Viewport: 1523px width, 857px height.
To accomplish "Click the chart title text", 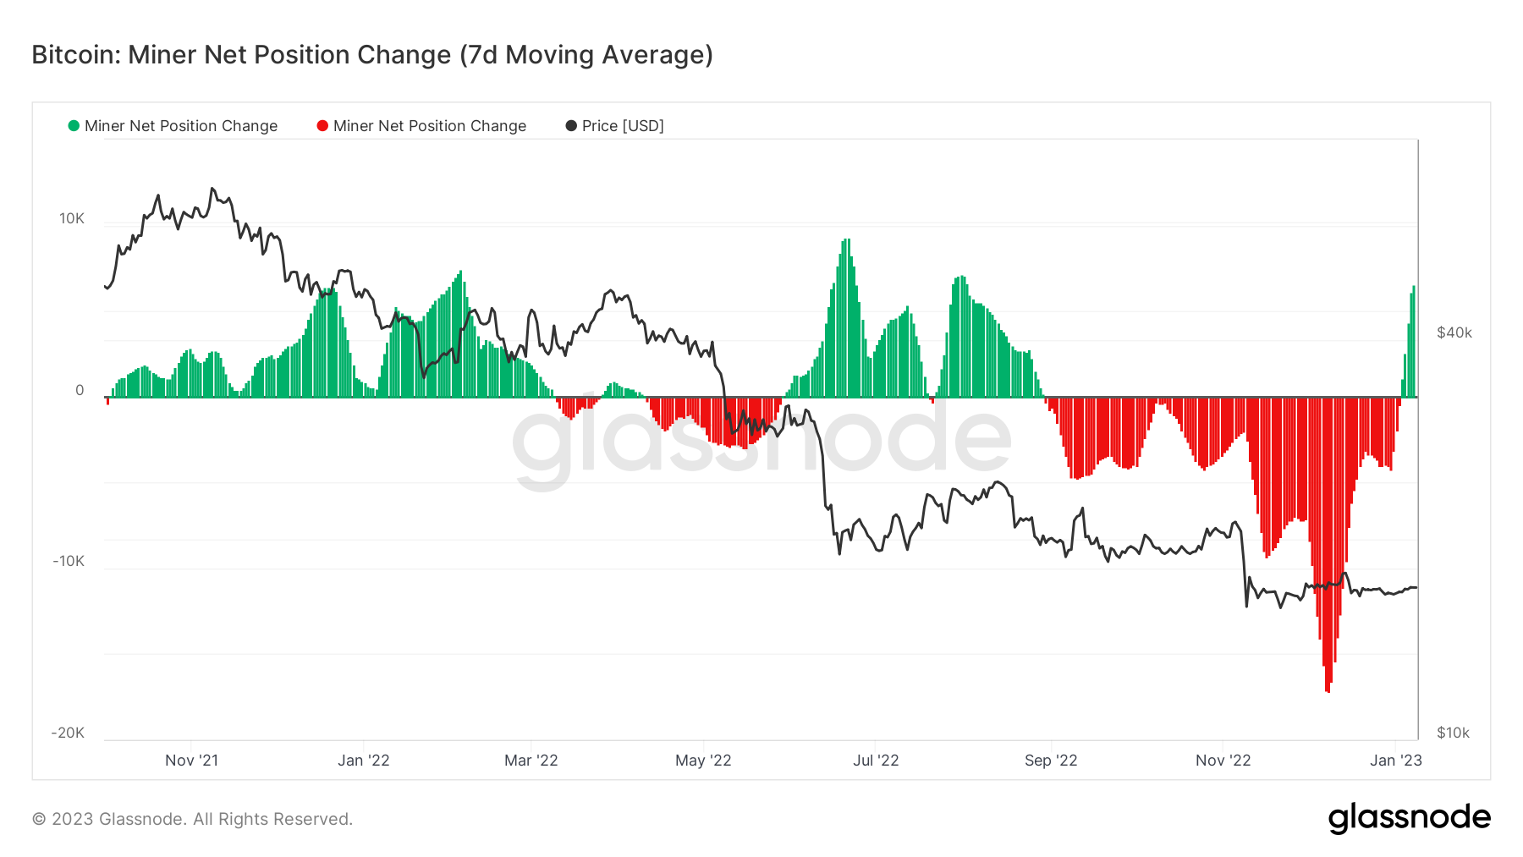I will point(372,55).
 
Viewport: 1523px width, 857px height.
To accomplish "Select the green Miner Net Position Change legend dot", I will point(74,126).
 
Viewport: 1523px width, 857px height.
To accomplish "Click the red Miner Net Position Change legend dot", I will point(322,126).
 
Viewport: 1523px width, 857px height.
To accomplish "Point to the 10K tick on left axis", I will point(72,218).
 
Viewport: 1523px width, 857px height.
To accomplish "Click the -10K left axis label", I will point(69,561).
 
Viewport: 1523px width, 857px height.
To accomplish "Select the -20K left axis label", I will point(69,733).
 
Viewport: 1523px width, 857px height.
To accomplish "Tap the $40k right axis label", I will point(1454,332).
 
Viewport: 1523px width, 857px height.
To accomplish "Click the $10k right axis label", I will point(1453,733).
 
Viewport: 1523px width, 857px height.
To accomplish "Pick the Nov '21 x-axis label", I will point(191,760).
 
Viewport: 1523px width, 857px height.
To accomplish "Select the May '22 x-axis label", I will point(702,760).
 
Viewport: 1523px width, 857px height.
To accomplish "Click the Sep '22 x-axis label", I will point(1050,760).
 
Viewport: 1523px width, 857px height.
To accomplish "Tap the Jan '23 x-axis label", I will point(1395,760).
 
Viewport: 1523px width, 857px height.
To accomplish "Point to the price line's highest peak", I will point(212,189).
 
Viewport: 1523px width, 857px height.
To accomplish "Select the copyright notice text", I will point(192,819).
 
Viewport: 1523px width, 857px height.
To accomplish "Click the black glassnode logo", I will point(1409,818).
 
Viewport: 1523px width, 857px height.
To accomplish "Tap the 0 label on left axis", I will point(80,390).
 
